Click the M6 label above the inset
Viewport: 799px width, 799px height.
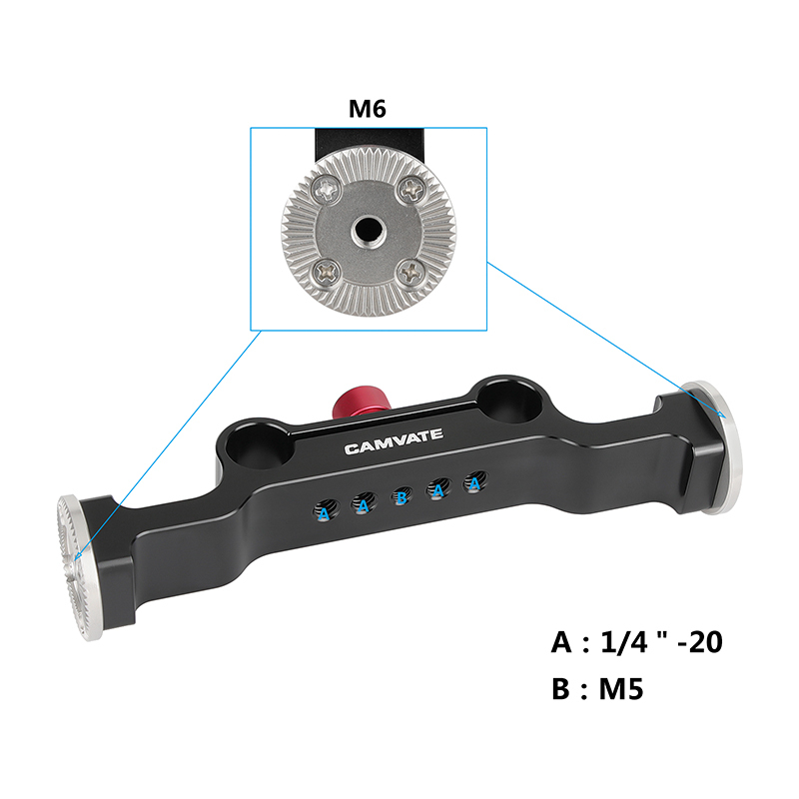point(367,109)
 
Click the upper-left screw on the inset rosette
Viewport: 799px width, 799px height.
point(325,186)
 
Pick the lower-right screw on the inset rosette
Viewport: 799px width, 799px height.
point(408,270)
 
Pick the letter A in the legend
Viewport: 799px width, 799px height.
point(562,642)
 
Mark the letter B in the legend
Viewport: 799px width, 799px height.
point(561,689)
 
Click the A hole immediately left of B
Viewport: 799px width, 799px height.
point(363,504)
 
